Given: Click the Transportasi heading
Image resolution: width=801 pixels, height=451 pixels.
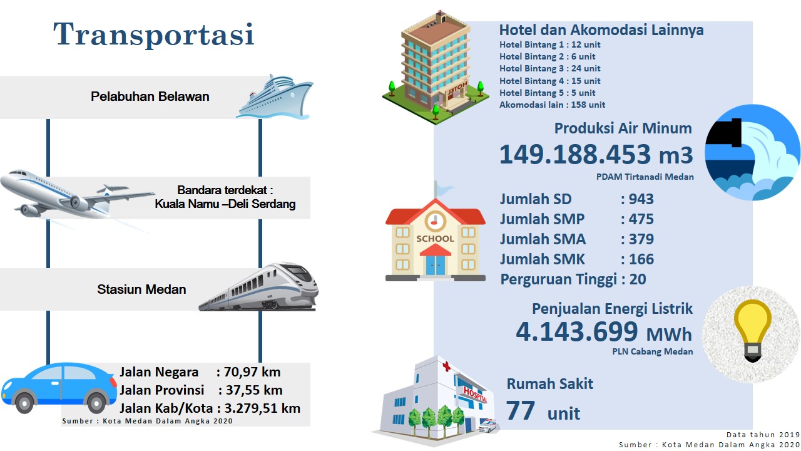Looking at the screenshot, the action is pos(154,34).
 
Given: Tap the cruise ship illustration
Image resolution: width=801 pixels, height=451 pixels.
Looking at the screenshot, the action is pos(275,96).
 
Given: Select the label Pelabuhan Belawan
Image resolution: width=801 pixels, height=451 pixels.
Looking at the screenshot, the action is pos(150,96).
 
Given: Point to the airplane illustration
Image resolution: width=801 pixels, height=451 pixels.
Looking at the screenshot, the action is pos(77,195).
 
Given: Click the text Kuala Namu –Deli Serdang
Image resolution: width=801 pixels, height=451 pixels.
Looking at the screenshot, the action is pos(225,204).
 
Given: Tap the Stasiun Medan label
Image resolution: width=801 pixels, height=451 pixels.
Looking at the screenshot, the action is pos(141,289).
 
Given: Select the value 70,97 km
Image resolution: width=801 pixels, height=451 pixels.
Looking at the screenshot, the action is pos(252,372).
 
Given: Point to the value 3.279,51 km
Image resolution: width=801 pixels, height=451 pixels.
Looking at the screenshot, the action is pos(262,408).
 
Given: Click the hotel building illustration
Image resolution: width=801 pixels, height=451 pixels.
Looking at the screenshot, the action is pos(436,68).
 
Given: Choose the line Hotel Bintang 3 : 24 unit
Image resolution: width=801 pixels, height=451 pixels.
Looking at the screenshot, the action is pos(549,68).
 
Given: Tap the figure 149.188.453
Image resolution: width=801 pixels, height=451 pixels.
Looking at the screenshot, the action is pos(575,155).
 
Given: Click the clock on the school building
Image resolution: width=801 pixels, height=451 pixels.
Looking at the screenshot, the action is pos(435,222).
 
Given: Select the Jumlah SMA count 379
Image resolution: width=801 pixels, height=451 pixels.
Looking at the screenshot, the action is pos(641,239).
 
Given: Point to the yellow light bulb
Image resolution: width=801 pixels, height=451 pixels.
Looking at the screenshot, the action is pos(752,329).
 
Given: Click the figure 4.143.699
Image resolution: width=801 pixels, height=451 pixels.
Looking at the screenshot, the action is pos(577,331).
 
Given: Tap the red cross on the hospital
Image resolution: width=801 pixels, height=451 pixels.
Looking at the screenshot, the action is pos(446,366).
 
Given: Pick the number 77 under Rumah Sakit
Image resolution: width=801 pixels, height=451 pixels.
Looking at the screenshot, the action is pos(521,411).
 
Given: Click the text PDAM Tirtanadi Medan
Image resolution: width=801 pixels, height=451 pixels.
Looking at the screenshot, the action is pos(645,177).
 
